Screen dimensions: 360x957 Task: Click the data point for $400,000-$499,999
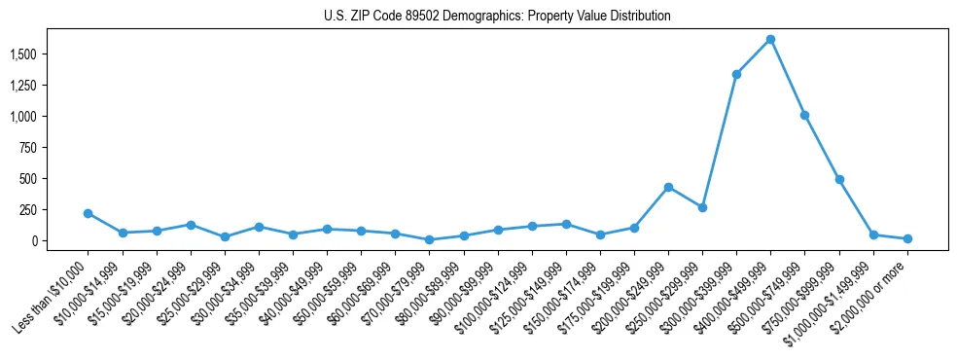click(x=770, y=40)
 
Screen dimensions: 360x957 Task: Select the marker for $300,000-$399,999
click(x=736, y=74)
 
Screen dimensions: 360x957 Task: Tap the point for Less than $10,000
click(x=88, y=213)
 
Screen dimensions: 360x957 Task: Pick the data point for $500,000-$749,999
click(x=804, y=115)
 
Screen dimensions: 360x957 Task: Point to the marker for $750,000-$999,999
click(x=839, y=180)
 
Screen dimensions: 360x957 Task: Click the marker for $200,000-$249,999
click(x=668, y=187)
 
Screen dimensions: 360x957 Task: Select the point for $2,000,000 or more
click(x=907, y=238)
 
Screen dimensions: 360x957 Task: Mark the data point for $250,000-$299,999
click(x=702, y=207)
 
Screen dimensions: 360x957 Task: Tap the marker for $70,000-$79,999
click(x=429, y=239)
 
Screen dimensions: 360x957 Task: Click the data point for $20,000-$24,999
click(x=191, y=225)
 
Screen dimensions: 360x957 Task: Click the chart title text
click(x=497, y=17)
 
